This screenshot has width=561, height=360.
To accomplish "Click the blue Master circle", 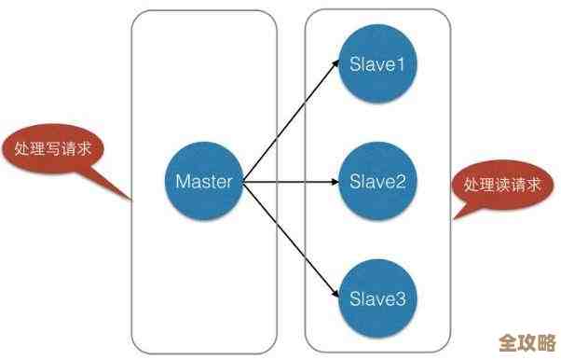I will tap(203, 181).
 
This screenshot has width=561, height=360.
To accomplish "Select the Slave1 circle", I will tap(377, 64).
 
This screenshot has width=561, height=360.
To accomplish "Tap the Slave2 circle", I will tap(377, 181).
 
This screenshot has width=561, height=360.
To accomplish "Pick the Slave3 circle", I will tap(377, 298).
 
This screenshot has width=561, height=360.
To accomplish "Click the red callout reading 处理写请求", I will tap(56, 150).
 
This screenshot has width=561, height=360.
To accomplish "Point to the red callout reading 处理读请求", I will tap(503, 183).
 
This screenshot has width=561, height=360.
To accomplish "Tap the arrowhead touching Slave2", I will tap(335, 181).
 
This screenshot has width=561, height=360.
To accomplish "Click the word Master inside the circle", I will tap(203, 181).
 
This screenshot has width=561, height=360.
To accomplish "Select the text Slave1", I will tap(377, 64).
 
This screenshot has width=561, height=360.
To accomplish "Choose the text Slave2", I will tap(377, 181).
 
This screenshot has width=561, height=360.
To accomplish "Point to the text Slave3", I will tap(377, 298).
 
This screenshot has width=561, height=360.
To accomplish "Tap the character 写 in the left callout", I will tap(56, 150).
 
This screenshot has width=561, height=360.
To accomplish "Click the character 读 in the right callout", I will tap(503, 184).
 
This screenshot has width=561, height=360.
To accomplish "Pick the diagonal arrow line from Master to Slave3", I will tap(289, 239).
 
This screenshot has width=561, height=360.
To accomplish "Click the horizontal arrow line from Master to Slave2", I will tap(289, 181).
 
